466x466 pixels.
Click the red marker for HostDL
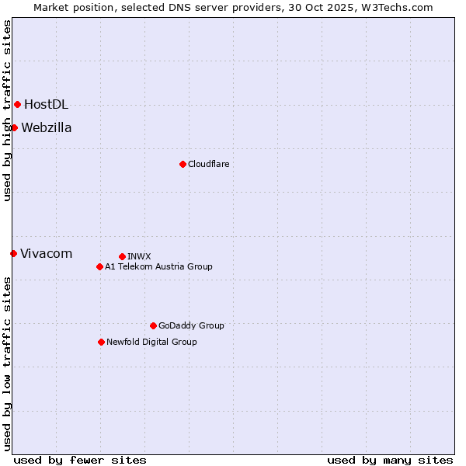click(17, 104)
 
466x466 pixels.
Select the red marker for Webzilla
click(14, 127)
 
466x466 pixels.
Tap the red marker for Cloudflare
click(183, 164)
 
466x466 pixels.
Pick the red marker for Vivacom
click(13, 253)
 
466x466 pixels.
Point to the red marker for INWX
click(122, 256)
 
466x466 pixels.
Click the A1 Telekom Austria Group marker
click(99, 266)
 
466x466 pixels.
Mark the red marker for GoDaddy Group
click(153, 325)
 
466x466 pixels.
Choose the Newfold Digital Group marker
click(101, 342)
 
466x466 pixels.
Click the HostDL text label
click(46, 104)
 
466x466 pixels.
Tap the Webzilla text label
click(47, 127)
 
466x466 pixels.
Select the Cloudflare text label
click(208, 164)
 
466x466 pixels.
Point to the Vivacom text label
click(46, 253)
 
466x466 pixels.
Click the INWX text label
click(139, 256)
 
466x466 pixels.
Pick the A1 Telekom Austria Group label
click(158, 266)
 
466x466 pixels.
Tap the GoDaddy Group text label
click(191, 325)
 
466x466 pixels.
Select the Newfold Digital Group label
click(151, 342)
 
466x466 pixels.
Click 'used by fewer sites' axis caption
click(80, 460)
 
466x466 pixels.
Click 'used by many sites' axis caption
click(390, 460)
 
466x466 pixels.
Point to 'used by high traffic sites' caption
click(7, 110)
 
